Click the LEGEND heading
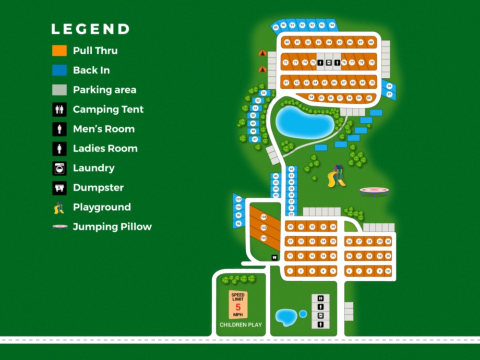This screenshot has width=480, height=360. pos(90,29)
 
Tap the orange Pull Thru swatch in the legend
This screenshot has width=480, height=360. pos(60,50)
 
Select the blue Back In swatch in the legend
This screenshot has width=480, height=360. pos(60,70)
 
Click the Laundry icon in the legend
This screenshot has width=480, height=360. pos(60,168)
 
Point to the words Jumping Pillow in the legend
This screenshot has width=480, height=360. pos(112,227)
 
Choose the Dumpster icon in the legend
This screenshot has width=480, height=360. pos(60,188)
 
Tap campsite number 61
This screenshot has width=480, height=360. pos(287,83)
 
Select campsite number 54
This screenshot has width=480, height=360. pos(311,97)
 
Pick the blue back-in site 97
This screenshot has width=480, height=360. pos(390,94)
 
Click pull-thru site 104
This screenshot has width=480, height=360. pos(263,216)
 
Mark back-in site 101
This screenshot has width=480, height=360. pos(239,199)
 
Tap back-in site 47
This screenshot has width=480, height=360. pos(255,139)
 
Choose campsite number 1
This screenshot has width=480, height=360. pos(290,271)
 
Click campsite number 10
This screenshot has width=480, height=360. pos(388,271)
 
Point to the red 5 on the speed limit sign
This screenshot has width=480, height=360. pos(238,307)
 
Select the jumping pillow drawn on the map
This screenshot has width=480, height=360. pos(374,192)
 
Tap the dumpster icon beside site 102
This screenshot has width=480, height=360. pos(275,257)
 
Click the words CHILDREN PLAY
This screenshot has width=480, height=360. pos(240,325)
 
